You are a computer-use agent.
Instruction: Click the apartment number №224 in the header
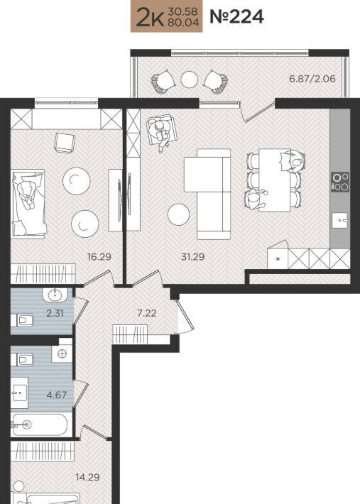(x=236, y=17)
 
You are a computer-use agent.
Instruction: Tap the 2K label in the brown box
(x=151, y=18)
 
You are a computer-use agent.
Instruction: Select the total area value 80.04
(x=183, y=23)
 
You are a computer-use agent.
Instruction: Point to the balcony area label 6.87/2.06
(x=312, y=78)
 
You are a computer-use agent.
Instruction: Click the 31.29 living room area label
(x=193, y=257)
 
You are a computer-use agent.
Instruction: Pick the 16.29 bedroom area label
(x=99, y=257)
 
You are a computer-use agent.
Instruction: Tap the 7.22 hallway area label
(x=146, y=313)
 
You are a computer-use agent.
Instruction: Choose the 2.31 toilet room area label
(x=55, y=313)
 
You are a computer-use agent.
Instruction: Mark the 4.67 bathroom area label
(x=57, y=395)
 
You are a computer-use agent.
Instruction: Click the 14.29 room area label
(x=87, y=477)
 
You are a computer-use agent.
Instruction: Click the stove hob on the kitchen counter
(x=340, y=182)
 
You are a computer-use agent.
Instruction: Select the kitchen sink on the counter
(x=340, y=220)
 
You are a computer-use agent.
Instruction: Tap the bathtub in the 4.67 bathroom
(x=41, y=425)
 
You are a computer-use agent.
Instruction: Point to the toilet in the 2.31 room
(x=23, y=320)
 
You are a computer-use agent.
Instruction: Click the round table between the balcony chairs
(x=189, y=80)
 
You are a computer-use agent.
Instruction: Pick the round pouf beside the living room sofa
(x=178, y=214)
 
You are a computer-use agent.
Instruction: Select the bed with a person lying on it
(x=28, y=204)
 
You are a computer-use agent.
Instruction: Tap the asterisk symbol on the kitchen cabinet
(x=278, y=259)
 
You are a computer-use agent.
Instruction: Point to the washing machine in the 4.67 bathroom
(x=62, y=354)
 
